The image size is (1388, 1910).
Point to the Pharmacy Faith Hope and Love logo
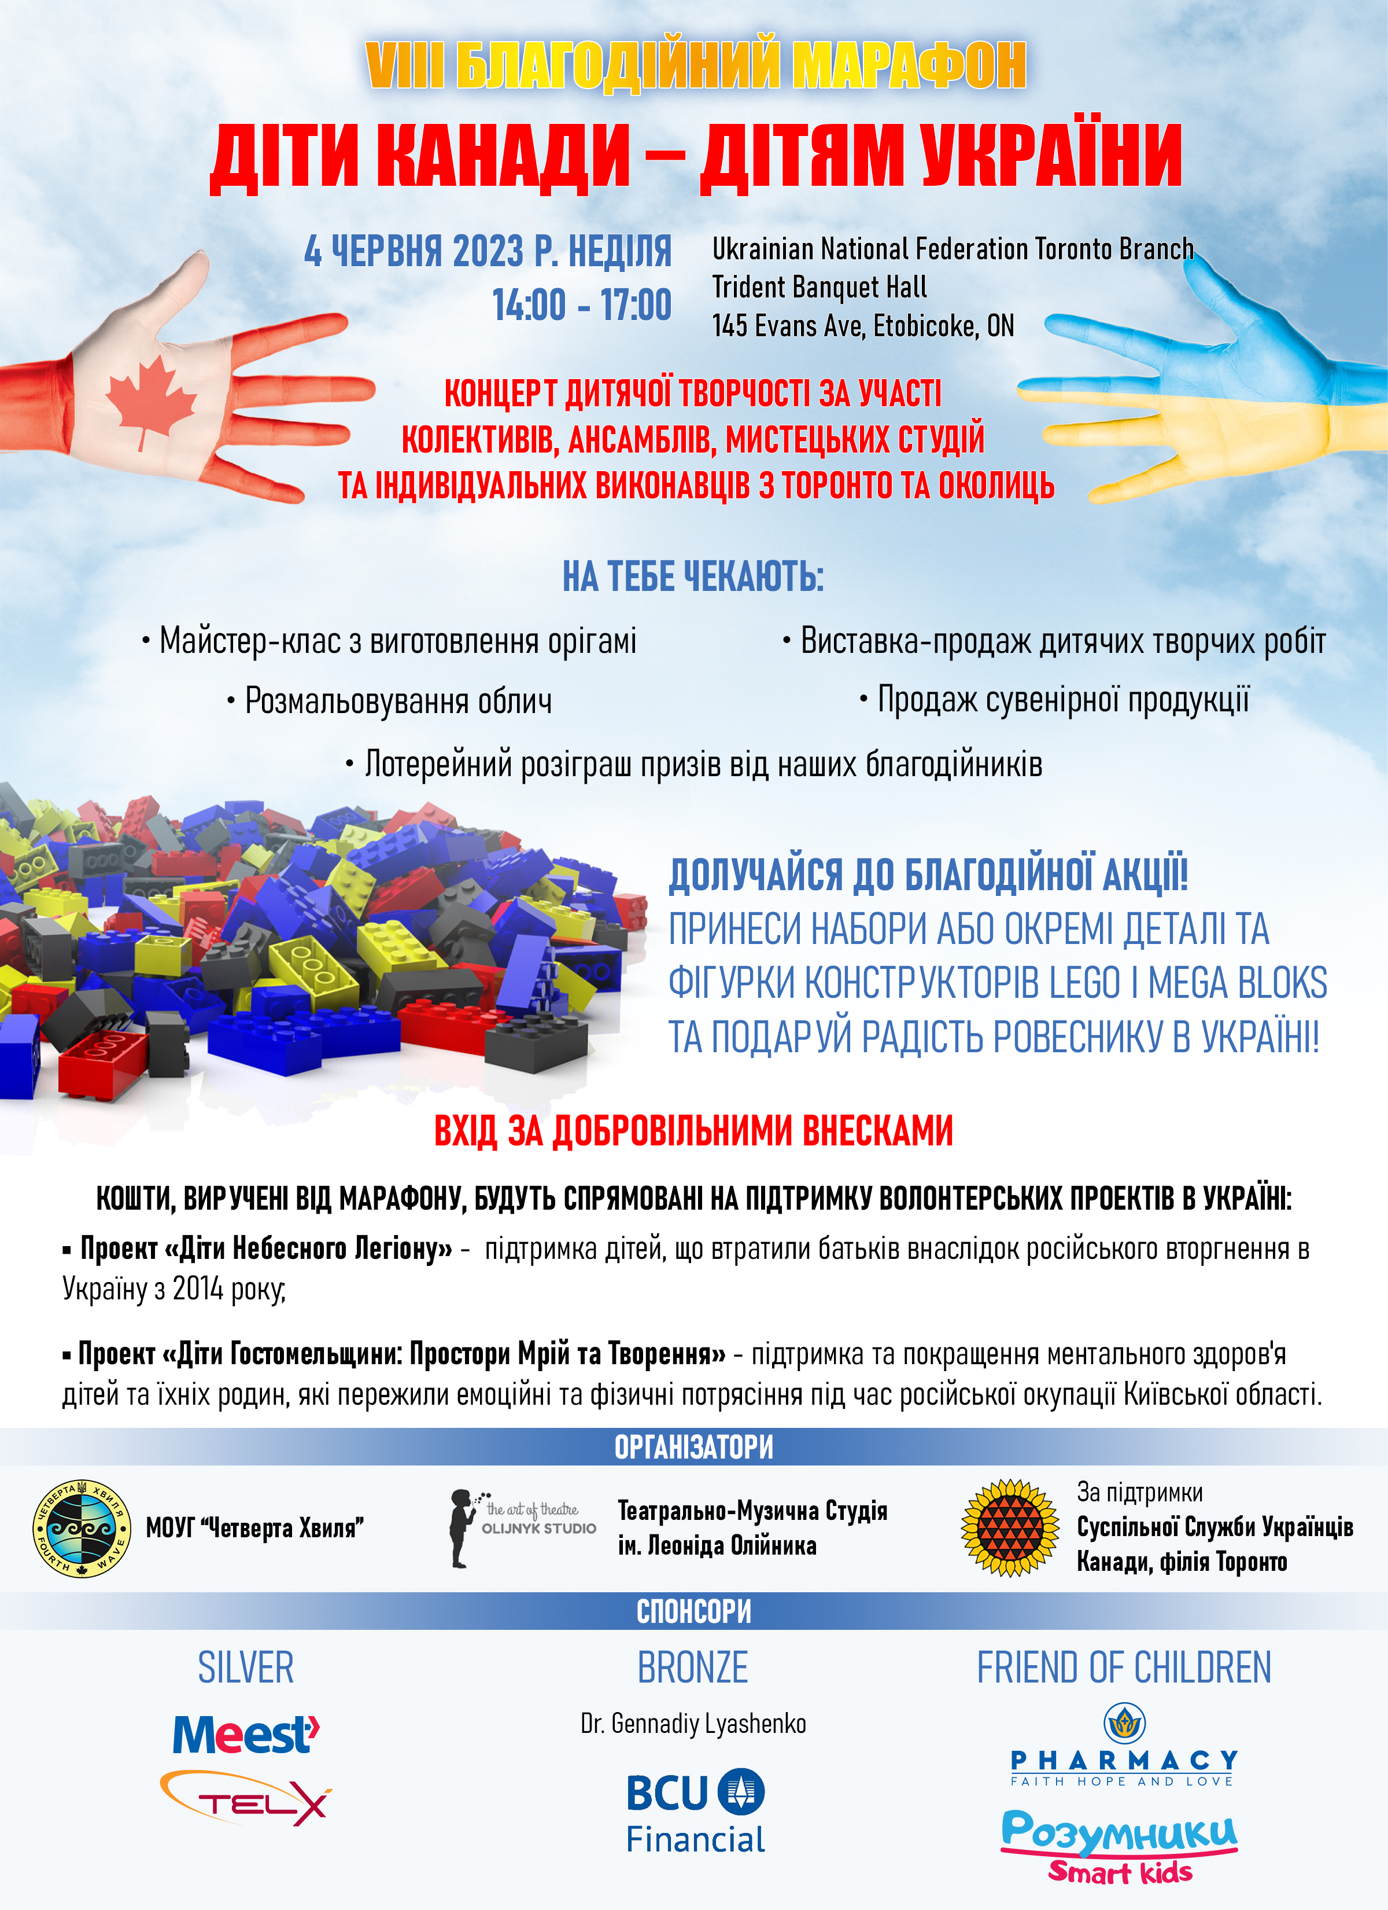click(1124, 1746)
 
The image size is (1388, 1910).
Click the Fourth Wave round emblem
click(82, 1527)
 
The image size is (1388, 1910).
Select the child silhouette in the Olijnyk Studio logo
click(460, 1527)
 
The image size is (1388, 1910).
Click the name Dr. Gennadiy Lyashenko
click(693, 1724)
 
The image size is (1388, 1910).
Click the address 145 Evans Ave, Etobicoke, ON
click(863, 326)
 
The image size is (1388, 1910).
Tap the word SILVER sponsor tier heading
click(246, 1668)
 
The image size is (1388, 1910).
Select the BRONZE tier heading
click(693, 1668)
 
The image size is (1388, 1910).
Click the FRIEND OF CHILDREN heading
click(1124, 1668)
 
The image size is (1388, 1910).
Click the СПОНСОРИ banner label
click(693, 1611)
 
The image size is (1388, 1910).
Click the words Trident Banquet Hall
click(819, 287)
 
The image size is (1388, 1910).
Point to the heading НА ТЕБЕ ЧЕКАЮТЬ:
click(693, 577)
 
